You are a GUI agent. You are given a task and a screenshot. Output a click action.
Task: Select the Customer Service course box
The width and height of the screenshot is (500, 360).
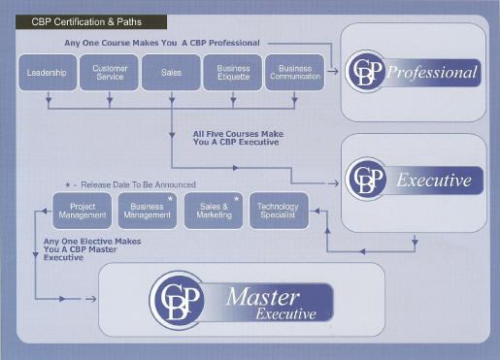tap(110, 73)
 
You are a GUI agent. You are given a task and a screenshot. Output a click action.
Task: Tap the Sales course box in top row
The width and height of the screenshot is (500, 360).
tap(171, 73)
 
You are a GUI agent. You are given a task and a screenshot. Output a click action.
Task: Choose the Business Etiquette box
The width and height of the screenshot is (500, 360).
tap(233, 73)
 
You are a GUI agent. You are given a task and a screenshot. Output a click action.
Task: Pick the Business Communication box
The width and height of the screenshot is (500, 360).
tap(295, 73)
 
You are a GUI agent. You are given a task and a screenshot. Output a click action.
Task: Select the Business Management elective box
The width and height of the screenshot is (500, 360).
tap(147, 210)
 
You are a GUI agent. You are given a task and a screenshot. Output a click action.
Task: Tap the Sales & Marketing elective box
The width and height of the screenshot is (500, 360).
tap(213, 210)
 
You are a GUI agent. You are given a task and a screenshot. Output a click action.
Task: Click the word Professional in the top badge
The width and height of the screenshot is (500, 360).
tap(432, 73)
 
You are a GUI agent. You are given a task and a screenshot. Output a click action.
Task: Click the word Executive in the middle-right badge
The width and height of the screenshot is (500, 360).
tap(433, 180)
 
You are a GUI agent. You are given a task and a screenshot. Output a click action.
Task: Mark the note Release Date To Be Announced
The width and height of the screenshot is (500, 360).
tap(136, 184)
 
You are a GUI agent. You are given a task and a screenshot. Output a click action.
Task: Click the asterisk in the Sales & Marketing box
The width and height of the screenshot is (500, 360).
tap(236, 199)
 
